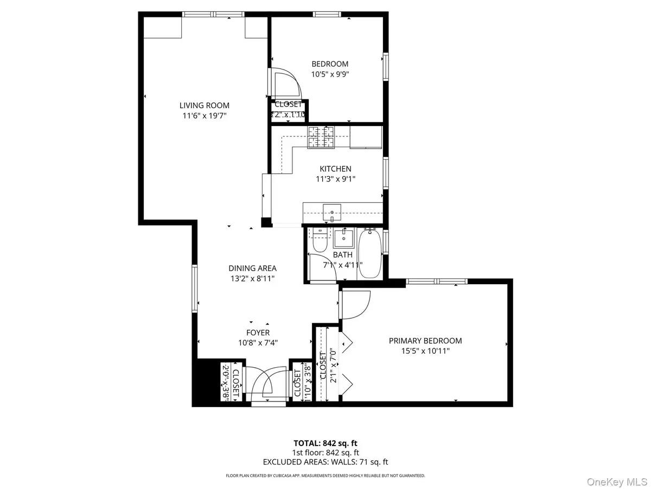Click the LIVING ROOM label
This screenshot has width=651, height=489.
(205, 105)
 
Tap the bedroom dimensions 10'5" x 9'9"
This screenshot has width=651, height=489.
(330, 74)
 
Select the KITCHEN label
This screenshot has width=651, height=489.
(335, 169)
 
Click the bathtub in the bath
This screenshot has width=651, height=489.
(370, 253)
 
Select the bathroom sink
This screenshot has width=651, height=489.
(343, 237)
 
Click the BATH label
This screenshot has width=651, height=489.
(343, 254)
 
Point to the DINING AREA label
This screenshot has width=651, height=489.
(252, 268)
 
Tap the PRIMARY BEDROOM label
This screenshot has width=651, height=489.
(425, 341)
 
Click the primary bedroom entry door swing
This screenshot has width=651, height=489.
(355, 305)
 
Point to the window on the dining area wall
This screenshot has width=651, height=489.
(194, 289)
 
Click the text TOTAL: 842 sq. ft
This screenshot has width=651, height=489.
(325, 443)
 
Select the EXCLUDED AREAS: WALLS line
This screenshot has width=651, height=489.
(325, 462)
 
